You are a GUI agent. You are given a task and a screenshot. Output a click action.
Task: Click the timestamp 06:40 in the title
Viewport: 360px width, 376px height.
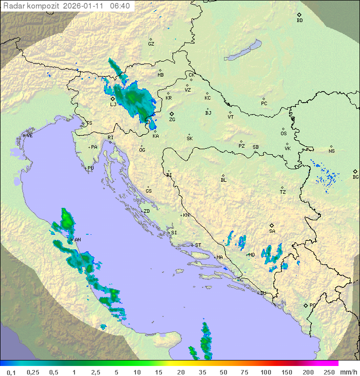[x=119, y=6]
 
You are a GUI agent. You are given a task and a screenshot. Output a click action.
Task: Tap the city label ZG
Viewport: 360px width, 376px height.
[x=172, y=120]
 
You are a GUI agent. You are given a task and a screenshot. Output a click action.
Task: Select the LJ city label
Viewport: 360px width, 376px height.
[x=113, y=104]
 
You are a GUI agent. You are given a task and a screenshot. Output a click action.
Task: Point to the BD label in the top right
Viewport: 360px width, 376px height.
[x=299, y=21]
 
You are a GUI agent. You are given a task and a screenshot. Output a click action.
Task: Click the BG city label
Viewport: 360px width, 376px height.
[x=355, y=177]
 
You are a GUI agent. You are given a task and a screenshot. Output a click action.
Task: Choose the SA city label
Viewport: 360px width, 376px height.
[x=272, y=231]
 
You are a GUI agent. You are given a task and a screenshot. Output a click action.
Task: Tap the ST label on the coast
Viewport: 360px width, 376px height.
[x=198, y=245]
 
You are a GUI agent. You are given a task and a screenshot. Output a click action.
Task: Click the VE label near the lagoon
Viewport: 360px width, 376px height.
[x=29, y=136]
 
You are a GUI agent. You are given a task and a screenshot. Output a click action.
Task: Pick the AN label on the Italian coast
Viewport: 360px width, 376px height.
[x=77, y=240]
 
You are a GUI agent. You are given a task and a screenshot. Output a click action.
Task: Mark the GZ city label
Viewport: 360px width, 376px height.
[x=151, y=44]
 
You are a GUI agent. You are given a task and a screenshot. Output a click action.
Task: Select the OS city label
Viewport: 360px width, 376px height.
[x=283, y=134]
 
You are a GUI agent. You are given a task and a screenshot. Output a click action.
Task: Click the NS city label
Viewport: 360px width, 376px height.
[x=331, y=151]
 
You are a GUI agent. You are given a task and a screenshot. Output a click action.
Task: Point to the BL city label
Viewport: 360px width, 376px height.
[x=223, y=180]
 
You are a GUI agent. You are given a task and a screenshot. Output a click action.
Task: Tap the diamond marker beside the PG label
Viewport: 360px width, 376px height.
[x=305, y=305]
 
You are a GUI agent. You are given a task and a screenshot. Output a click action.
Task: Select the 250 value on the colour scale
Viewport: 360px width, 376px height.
[x=328, y=372]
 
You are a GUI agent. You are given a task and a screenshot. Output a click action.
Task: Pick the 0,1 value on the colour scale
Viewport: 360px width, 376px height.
[x=11, y=372]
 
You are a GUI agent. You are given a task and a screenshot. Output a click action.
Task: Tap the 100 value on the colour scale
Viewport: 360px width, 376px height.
[x=265, y=372]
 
